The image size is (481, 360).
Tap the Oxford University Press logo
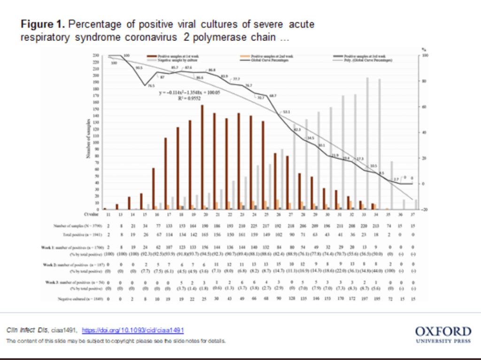click(443, 335)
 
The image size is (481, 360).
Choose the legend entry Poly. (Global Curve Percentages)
click(372, 60)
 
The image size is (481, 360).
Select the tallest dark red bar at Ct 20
click(202, 157)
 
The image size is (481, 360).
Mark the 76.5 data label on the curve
click(151, 86)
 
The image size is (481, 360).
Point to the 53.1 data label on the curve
click(286, 112)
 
